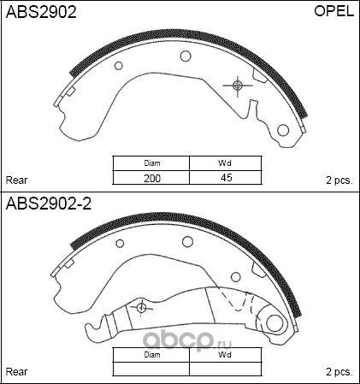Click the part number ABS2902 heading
point(41,13)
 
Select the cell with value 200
point(152,178)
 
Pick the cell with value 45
point(226,178)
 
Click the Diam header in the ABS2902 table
point(152,163)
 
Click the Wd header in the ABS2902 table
point(226,163)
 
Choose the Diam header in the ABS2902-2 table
point(152,354)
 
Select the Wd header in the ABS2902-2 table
point(226,354)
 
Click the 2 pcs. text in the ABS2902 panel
point(339,180)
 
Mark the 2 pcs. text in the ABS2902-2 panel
point(339,372)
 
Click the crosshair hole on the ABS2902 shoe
point(238,85)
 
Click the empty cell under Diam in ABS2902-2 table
point(152,369)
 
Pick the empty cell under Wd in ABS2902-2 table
point(226,369)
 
